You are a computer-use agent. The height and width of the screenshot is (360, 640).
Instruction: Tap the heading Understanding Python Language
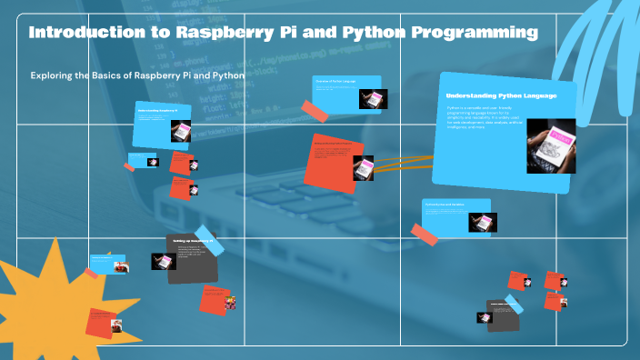500,95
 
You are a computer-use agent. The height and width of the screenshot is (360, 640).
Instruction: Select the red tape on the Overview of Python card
315,112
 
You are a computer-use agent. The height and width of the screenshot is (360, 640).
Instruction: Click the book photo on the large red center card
365,168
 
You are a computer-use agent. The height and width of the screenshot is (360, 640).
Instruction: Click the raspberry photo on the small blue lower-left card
120,266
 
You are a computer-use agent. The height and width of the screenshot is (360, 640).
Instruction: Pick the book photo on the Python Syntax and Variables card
482,222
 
